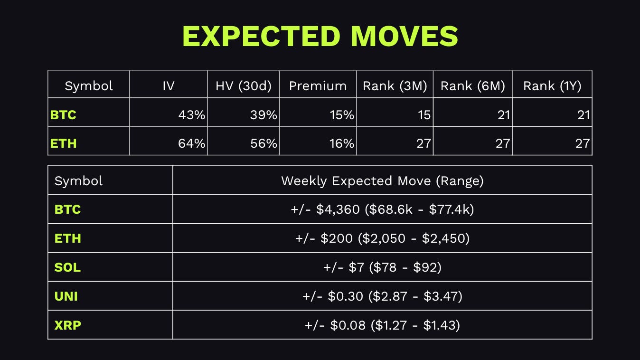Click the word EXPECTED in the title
pos(262,36)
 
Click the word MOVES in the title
pos(405,36)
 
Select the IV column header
pos(168,86)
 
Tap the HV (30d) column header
pos(244,86)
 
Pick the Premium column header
pos(318,86)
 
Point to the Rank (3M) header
pos(395,86)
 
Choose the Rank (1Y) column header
pos(552,86)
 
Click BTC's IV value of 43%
pos(192,115)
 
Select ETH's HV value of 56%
pos(264,143)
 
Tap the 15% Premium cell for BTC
pos(341,115)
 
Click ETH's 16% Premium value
pos(341,143)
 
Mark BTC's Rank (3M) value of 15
pos(424,115)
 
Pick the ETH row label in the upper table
pos(63,143)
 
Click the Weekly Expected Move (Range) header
pos(382,181)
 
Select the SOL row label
pos(67,267)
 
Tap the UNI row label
pos(66,296)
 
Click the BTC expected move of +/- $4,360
pos(325,209)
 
